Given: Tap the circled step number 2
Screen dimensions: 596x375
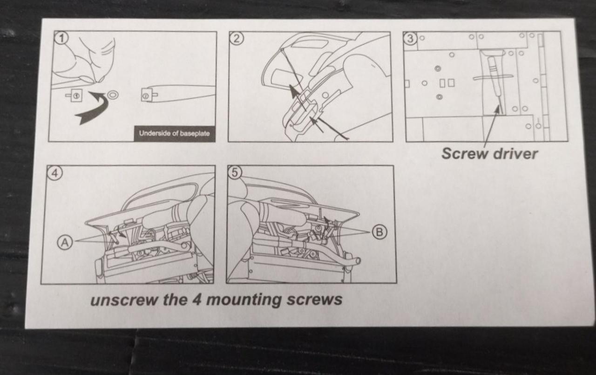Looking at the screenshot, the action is click(237, 39).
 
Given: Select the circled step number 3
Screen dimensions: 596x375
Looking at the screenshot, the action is click(410, 39).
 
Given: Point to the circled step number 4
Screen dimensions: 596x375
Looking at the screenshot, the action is click(55, 173).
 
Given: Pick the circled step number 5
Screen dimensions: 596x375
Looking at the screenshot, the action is click(235, 173).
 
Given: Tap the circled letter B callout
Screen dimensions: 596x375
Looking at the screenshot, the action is click(379, 232).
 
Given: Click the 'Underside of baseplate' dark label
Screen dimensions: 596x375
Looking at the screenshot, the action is click(174, 133).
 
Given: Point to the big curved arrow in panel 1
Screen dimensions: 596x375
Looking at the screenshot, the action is click(93, 108).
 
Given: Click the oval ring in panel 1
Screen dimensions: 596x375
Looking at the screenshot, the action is click(113, 95).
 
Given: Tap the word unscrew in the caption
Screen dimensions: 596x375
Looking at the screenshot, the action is click(124, 300).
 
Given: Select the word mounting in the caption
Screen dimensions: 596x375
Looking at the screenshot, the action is click(244, 300).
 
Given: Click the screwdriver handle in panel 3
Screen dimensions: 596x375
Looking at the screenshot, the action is click(493, 72).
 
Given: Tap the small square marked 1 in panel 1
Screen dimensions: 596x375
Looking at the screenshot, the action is click(76, 95).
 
